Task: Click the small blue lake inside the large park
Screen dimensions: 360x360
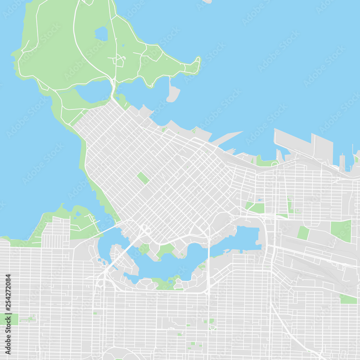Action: pyautogui.click(x=102, y=34)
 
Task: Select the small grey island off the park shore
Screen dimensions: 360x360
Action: pyautogui.click(x=173, y=93)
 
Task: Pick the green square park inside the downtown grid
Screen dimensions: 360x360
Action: pyautogui.click(x=143, y=178)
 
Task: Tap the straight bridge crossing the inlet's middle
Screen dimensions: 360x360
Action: pyautogui.click(x=208, y=259)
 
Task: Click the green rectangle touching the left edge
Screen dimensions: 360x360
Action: pyautogui.click(x=9, y=319)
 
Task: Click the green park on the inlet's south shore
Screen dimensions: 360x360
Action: pyautogui.click(x=166, y=283)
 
